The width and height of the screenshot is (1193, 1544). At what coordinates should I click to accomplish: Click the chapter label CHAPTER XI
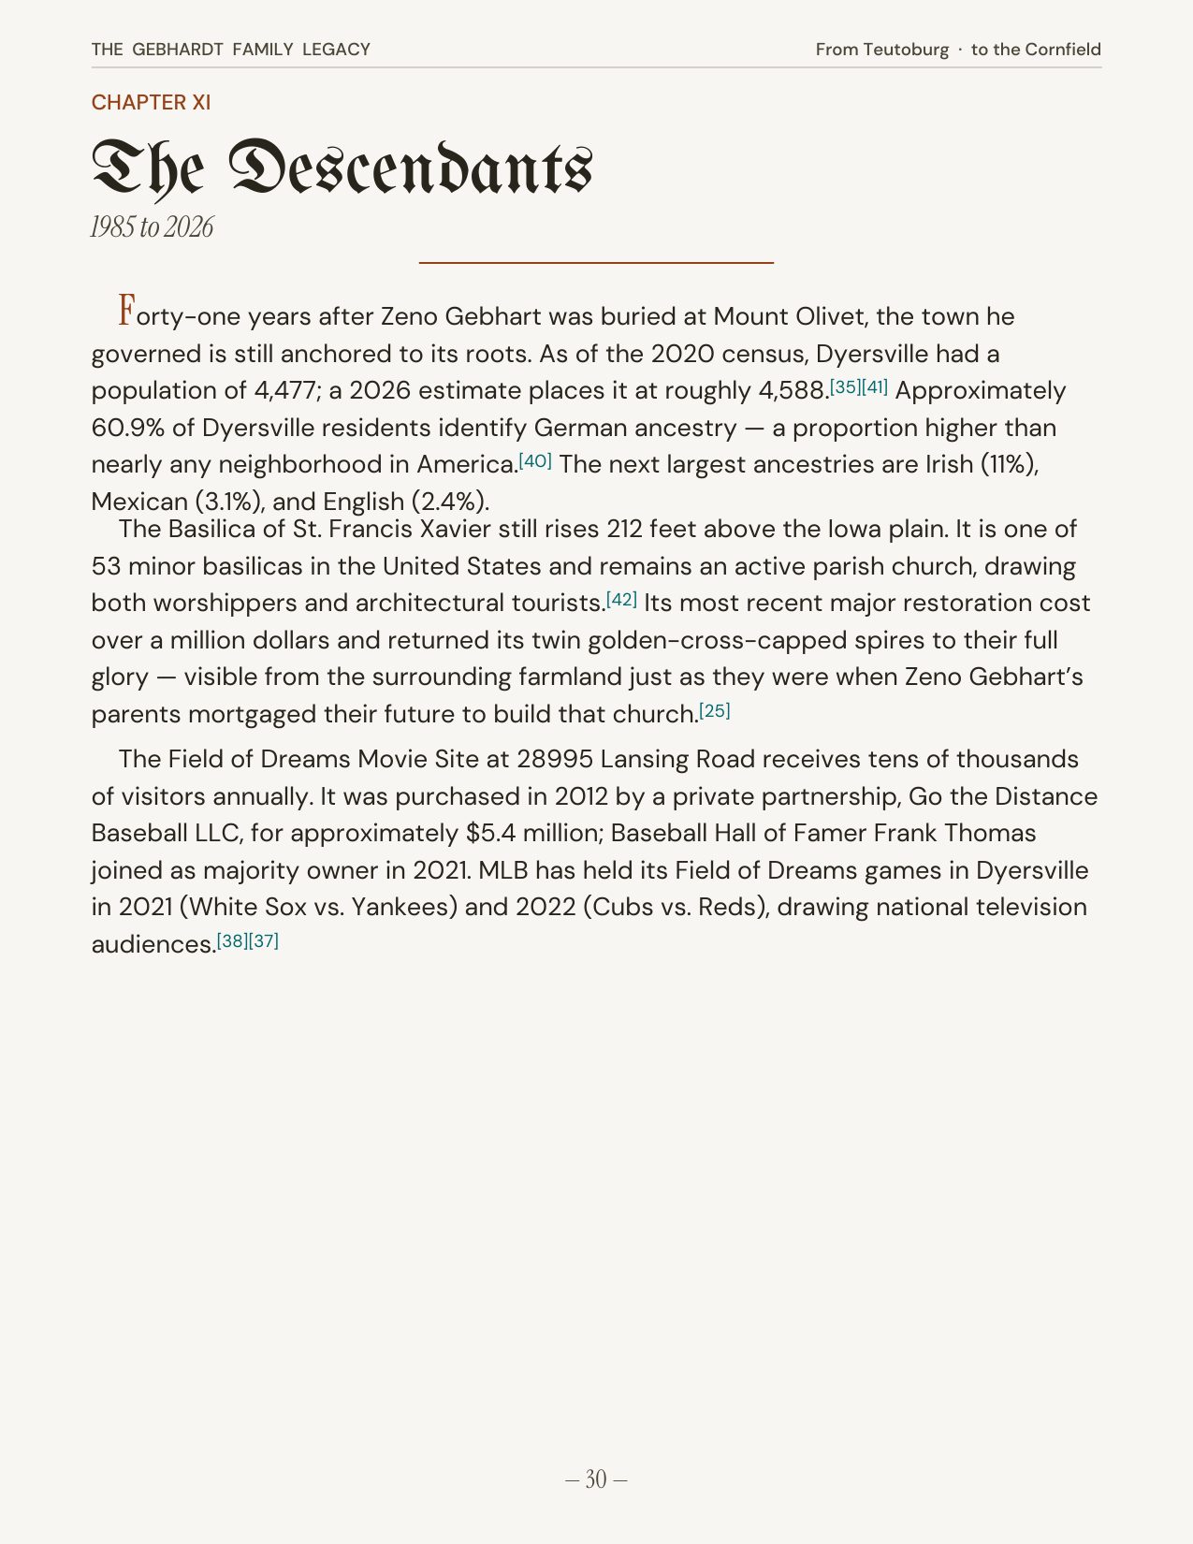151,102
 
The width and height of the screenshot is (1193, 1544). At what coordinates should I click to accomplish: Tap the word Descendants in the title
410,168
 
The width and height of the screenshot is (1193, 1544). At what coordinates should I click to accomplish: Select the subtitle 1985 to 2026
152,227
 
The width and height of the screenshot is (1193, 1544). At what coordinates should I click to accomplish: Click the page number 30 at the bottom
596,1479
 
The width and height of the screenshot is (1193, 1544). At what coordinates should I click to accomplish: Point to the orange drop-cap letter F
127,311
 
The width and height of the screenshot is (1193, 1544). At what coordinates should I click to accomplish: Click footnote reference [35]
845,386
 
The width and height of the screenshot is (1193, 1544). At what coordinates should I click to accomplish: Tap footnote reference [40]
535,460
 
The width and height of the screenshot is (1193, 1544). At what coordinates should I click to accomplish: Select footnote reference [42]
621,599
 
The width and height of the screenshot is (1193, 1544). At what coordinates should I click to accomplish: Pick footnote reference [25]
714,710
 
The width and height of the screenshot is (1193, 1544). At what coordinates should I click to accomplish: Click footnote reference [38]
232,940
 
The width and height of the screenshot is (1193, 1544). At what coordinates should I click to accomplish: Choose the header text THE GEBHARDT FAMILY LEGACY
230,50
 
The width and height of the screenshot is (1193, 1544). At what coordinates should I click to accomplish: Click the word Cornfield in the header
1062,50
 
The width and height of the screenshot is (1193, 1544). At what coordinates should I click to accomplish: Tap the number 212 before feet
624,530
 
